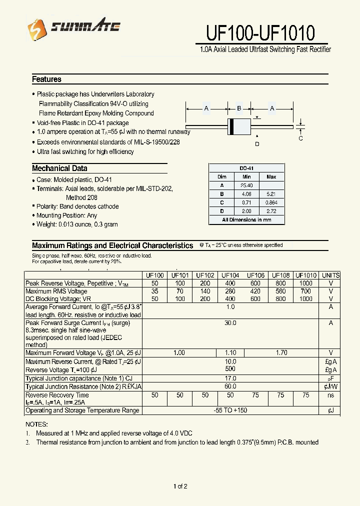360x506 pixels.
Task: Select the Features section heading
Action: pos(46,79)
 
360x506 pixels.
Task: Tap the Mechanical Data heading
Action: pos(59,168)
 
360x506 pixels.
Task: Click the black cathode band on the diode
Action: pos(231,127)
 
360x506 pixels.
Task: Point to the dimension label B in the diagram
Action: pos(239,108)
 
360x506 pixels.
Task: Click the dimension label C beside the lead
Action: pos(300,138)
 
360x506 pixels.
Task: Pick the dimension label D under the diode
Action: pos(257,144)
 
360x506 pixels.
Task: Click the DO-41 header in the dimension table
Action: pos(246,168)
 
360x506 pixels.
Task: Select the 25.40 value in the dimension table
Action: pos(246,185)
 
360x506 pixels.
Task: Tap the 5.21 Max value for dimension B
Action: pos(271,194)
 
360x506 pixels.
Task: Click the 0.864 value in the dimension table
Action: pos(271,202)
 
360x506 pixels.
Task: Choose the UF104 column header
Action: pos(230,275)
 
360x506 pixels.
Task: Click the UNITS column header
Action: pos(330,275)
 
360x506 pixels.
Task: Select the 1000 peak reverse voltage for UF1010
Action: pos(305,283)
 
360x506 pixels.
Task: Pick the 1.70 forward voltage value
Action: pos(281,352)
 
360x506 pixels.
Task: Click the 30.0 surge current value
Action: pos(230,323)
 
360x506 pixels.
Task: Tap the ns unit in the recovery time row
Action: pos(330,395)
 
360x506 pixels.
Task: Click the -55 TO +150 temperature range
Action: pos(230,410)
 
